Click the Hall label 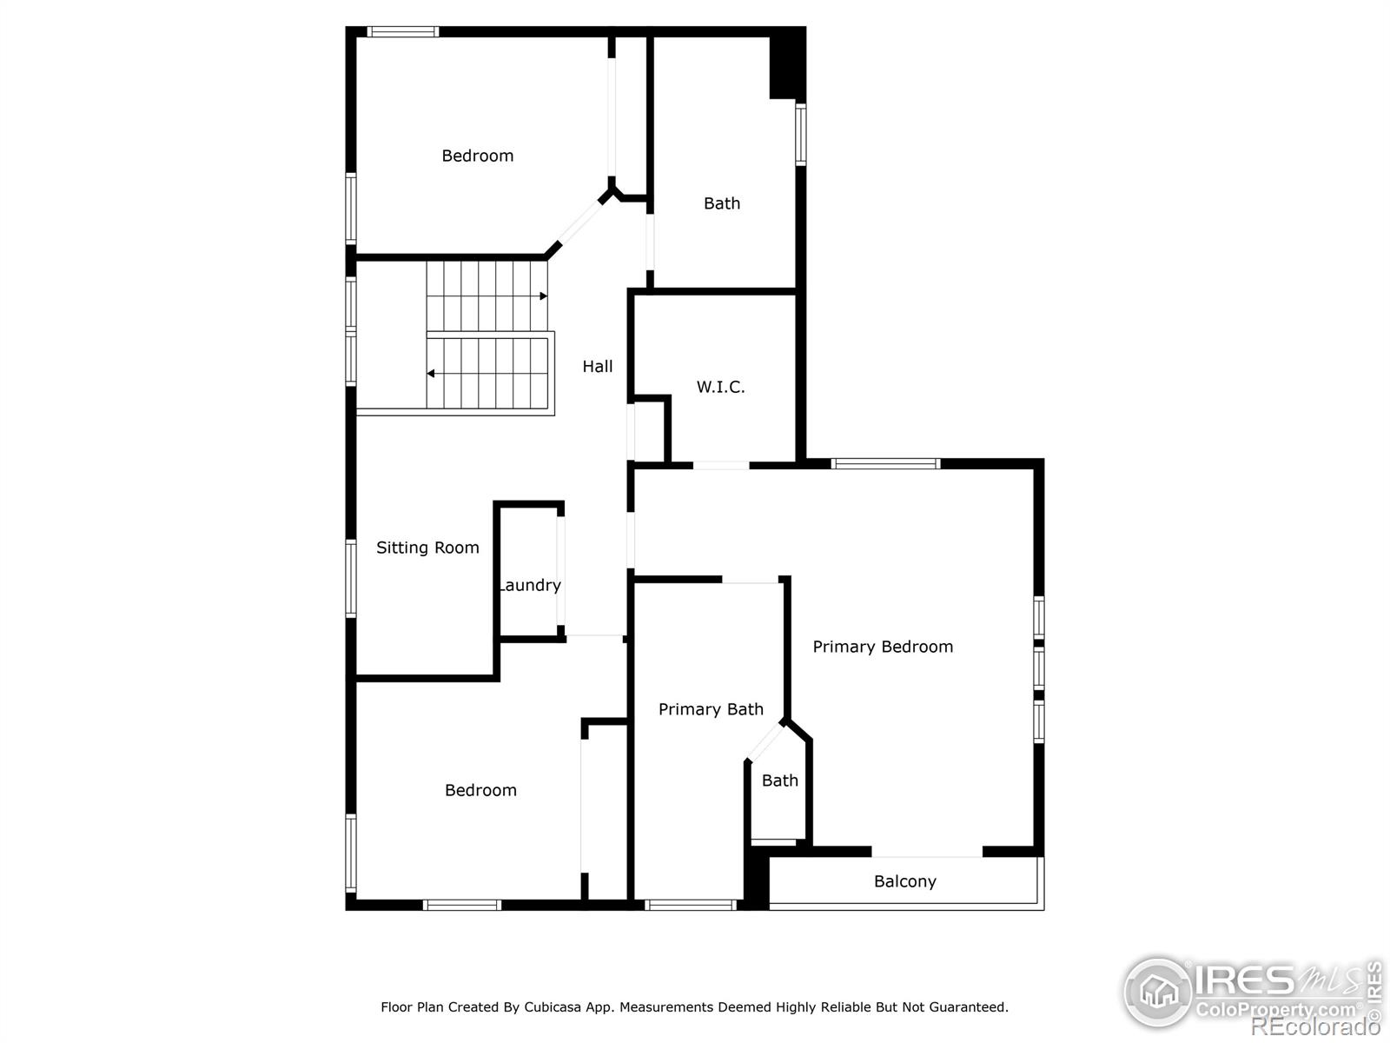pyautogui.click(x=598, y=367)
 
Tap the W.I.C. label pyautogui.click(x=720, y=387)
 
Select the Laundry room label pyautogui.click(x=530, y=585)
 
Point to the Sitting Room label pyautogui.click(x=427, y=548)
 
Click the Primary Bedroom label pyautogui.click(x=883, y=647)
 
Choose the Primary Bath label pyautogui.click(x=711, y=709)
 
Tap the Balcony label pyautogui.click(x=905, y=881)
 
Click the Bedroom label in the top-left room pyautogui.click(x=477, y=156)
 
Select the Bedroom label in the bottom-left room pyautogui.click(x=480, y=790)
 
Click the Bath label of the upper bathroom pyautogui.click(x=722, y=203)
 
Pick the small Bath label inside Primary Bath pyautogui.click(x=779, y=781)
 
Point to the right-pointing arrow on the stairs pyautogui.click(x=543, y=296)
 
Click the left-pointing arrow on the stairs pyautogui.click(x=431, y=374)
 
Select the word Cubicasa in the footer pyautogui.click(x=553, y=1007)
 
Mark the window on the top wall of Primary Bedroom pyautogui.click(x=885, y=463)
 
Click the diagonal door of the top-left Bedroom pyautogui.click(x=579, y=223)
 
